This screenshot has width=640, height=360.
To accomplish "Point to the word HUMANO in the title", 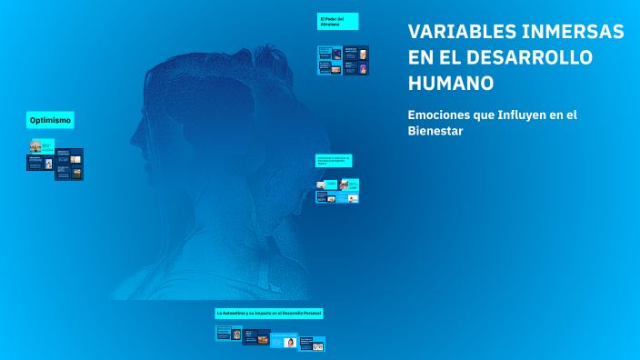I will (451, 83).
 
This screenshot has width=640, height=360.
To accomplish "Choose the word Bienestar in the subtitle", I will (435, 131).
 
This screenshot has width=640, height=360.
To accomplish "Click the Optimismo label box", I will (51, 120).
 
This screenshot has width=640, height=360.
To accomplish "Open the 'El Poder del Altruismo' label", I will (337, 21).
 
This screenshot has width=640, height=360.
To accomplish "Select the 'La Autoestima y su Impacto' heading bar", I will (269, 313).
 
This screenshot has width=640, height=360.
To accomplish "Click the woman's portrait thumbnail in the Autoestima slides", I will (290, 342).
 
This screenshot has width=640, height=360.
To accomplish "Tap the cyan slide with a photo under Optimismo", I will (42, 145).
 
